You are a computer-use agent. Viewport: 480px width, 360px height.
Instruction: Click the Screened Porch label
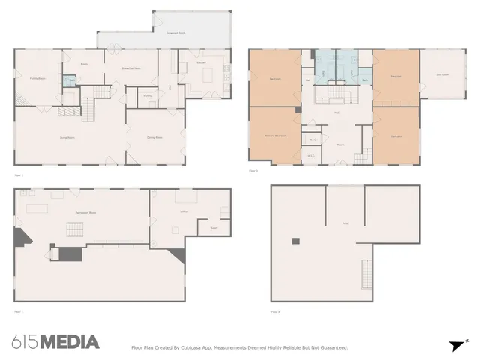(177, 34)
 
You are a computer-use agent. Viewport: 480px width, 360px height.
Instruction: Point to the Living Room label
(70, 138)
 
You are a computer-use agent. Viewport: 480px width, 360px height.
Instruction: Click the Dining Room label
(155, 138)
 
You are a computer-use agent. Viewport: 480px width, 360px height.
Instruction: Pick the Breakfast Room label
(132, 68)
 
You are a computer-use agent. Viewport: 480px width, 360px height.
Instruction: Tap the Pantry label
(148, 96)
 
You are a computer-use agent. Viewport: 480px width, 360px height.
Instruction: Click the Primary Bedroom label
(275, 136)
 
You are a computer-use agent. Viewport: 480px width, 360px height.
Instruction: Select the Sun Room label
(442, 74)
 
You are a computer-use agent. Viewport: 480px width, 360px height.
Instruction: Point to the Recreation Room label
(85, 213)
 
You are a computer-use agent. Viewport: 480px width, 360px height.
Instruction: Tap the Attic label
(346, 223)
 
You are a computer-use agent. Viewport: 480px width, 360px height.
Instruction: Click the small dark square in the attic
(296, 241)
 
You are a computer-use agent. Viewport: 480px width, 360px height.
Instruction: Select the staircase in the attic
(367, 269)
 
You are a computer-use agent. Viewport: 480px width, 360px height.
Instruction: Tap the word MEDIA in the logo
(69, 342)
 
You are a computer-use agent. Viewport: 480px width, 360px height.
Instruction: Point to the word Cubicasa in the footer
(196, 347)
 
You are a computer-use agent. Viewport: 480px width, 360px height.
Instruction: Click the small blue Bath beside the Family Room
(71, 80)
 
